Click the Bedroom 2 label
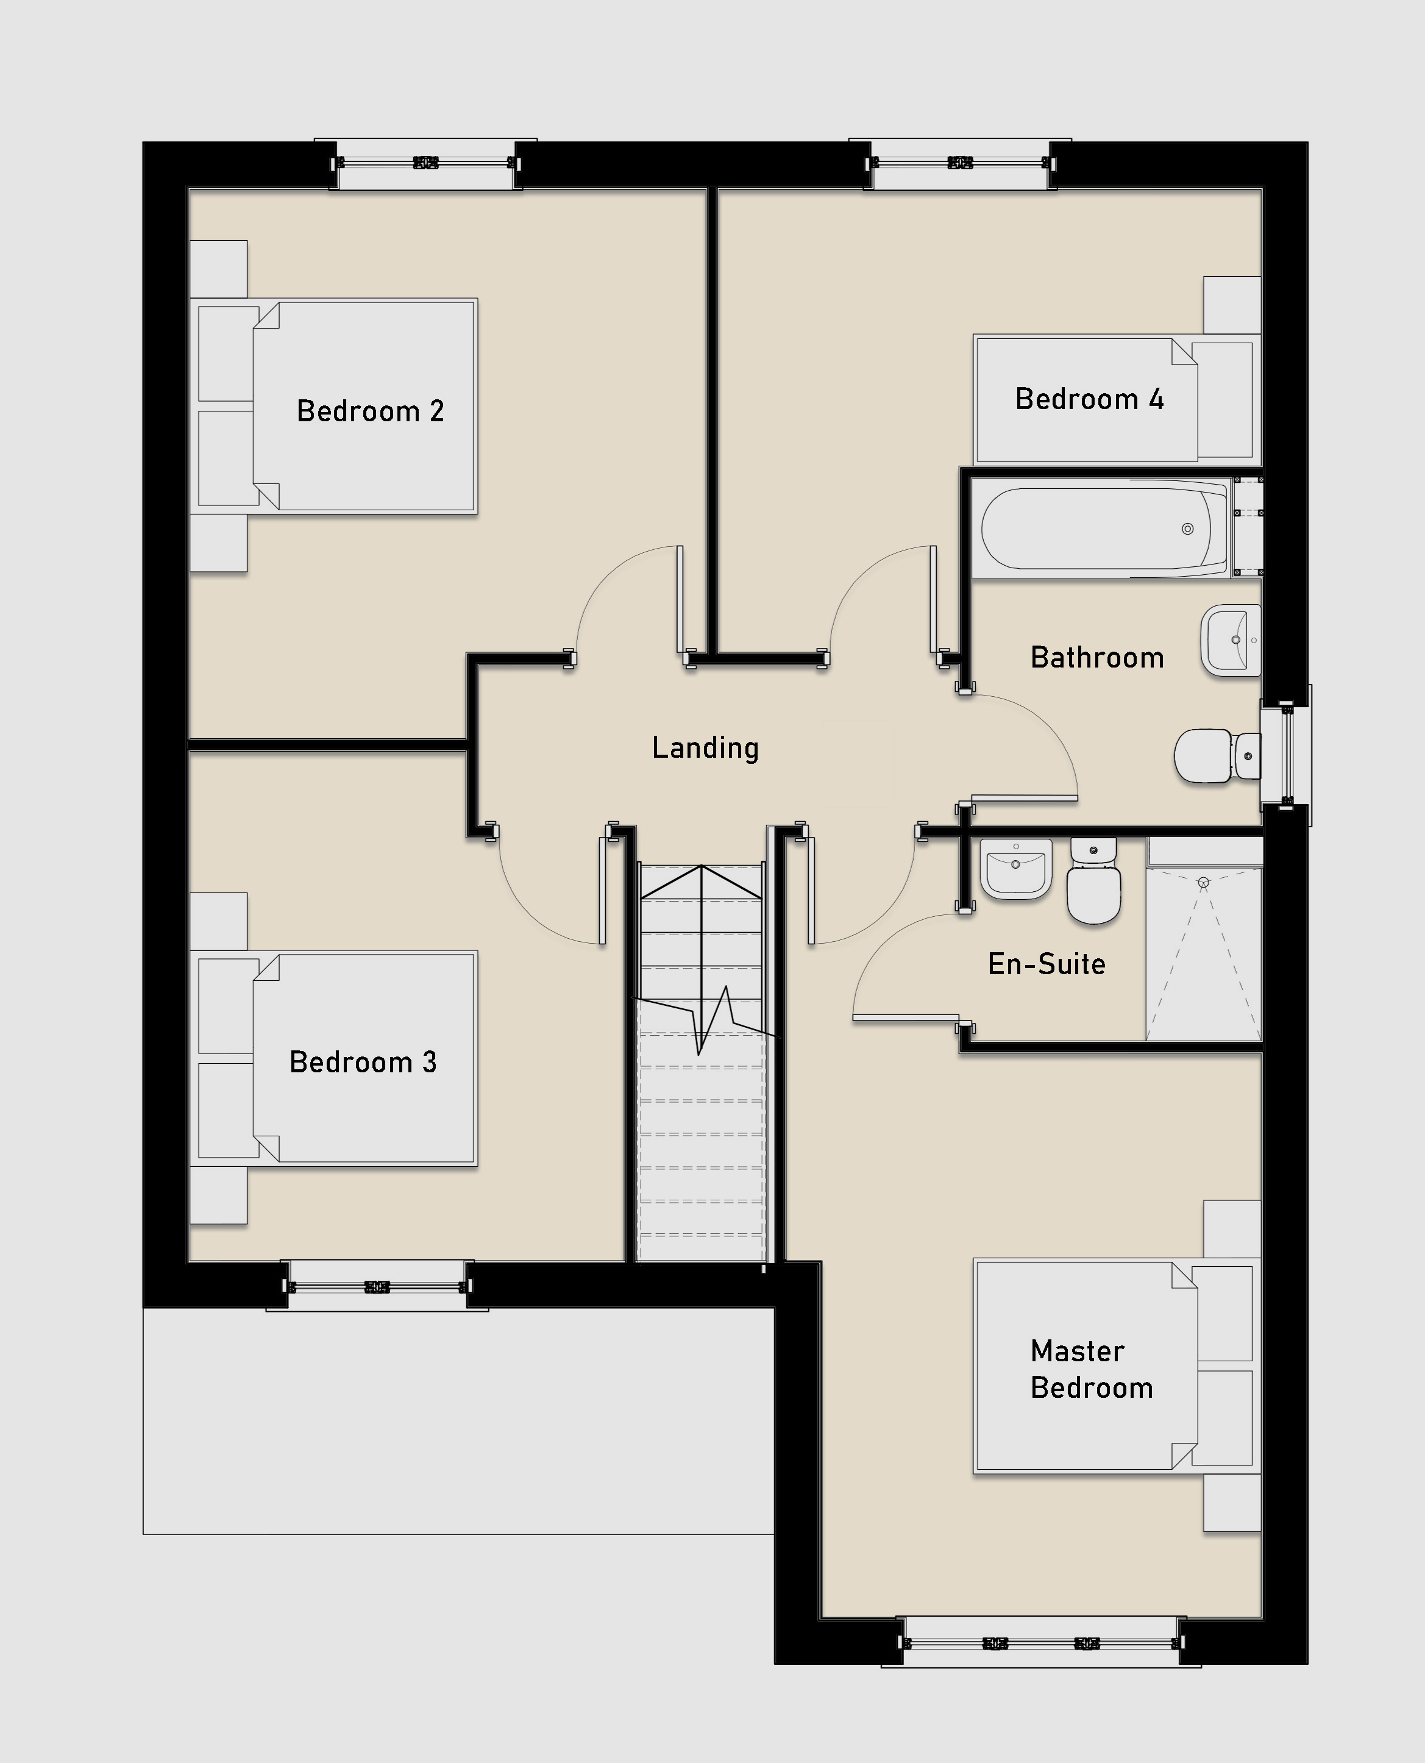[370, 410]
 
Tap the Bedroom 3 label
[363, 1062]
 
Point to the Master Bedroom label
[1091, 1369]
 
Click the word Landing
[705, 748]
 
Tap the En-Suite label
[1047, 963]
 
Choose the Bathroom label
[1098, 657]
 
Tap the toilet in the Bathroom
[1217, 755]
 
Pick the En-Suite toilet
[1093, 880]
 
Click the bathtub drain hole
[1187, 529]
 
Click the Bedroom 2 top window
[425, 163]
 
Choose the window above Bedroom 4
[959, 163]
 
